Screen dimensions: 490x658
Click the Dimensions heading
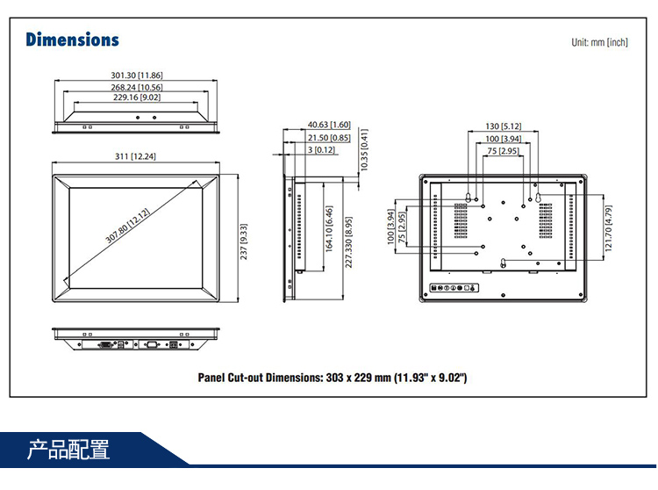[x=72, y=40]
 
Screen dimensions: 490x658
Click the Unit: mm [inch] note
[x=599, y=42]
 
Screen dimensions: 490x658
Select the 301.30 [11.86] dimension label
[x=137, y=76]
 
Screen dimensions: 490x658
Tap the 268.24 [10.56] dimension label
[x=137, y=87]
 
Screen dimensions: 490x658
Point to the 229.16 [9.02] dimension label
[x=138, y=98]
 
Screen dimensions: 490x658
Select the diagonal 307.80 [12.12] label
[x=128, y=227]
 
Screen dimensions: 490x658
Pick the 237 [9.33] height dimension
[x=244, y=241]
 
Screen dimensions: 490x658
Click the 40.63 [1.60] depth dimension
[x=329, y=125]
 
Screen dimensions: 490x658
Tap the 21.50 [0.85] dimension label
[x=329, y=138]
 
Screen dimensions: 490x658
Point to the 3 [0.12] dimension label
[x=321, y=150]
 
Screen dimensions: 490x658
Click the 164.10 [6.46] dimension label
[x=329, y=229]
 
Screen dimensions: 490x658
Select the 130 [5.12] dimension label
[x=504, y=126]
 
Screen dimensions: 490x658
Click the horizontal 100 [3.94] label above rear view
[x=504, y=139]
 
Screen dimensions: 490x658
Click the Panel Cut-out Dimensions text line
[x=333, y=378]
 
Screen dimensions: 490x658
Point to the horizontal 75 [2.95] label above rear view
[x=504, y=151]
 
